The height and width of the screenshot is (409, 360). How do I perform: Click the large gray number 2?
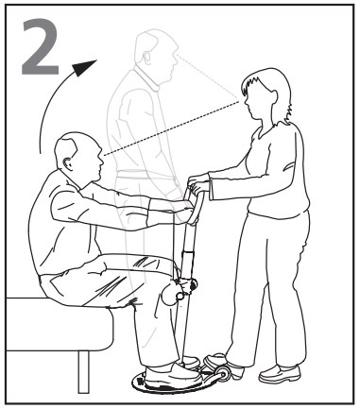pos(41,46)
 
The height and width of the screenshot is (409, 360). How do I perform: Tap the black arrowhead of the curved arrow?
pos(84,67)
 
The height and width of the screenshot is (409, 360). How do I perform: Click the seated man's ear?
pos(67,164)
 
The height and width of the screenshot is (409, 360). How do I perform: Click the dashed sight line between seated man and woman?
pos(171,128)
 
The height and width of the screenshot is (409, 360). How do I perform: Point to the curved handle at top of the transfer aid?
pos(196,205)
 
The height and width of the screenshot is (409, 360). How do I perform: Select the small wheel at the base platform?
pos(225,373)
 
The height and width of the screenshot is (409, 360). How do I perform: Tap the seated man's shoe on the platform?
pos(173,375)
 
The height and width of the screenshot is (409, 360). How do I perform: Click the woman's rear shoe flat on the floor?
pos(280,374)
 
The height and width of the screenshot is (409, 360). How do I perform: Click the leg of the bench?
pos(84,372)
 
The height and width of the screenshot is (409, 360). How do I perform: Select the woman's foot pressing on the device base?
pos(222,365)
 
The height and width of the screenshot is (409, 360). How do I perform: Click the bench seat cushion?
pos(59,324)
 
